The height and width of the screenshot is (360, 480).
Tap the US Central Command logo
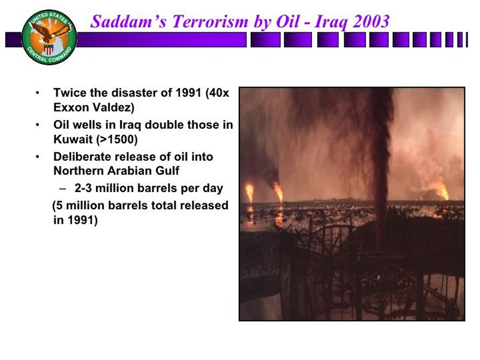point(49,37)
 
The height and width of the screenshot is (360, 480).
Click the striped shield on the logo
point(49,49)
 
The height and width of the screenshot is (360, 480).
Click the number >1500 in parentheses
point(116,140)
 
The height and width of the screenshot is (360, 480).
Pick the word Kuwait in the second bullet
point(73,140)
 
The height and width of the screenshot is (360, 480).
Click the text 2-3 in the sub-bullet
point(83,188)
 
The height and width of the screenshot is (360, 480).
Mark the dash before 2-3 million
point(63,188)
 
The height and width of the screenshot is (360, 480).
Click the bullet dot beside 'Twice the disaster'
point(37,93)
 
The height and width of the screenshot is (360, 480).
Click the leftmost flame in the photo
point(250,193)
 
